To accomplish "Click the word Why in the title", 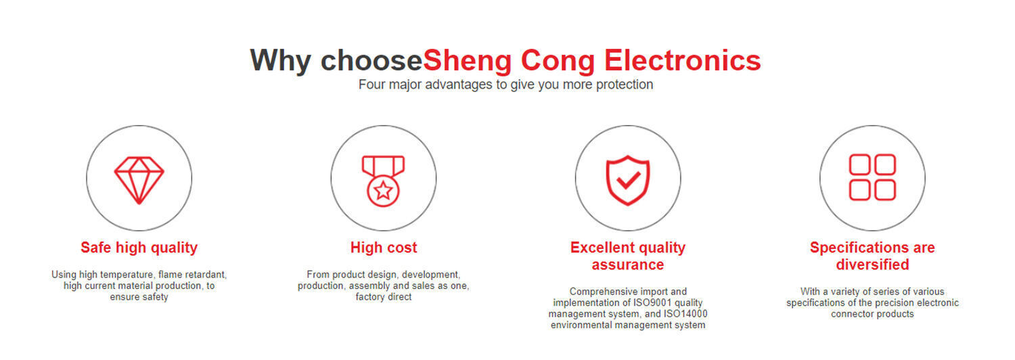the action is (x=281, y=61).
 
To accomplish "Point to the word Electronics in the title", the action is (x=682, y=60).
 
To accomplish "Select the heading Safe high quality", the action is (x=139, y=248).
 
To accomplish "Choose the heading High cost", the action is (x=384, y=248).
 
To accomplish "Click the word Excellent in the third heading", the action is (x=602, y=247).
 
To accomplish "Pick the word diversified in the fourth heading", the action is (x=872, y=265).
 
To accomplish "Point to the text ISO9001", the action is (x=654, y=302).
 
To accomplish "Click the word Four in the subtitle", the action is (x=371, y=85).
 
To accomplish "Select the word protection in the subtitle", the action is (x=625, y=85).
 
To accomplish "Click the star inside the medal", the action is (x=384, y=190).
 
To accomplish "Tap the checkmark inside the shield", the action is (x=628, y=180).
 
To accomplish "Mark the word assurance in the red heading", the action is (x=627, y=265).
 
